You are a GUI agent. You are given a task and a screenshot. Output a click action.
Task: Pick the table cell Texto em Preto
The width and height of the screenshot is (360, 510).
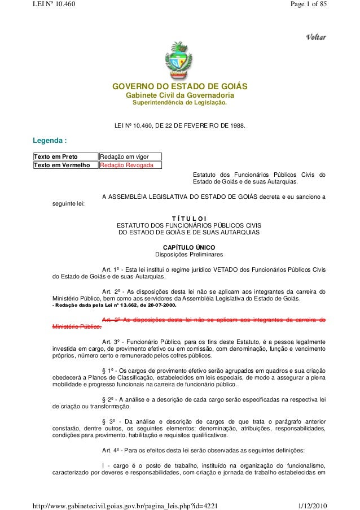tap(56, 156)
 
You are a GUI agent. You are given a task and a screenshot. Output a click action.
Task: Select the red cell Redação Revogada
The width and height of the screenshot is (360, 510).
tap(124, 165)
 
